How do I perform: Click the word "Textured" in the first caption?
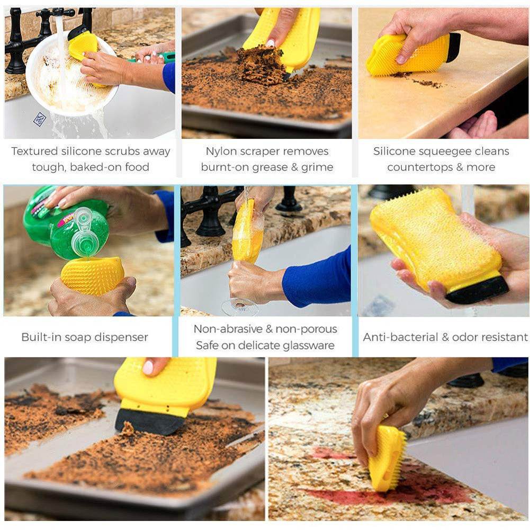click(33, 151)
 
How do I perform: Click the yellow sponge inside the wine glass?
click(246, 233)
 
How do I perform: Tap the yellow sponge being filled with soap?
click(93, 275)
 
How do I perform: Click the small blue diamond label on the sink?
click(39, 119)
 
